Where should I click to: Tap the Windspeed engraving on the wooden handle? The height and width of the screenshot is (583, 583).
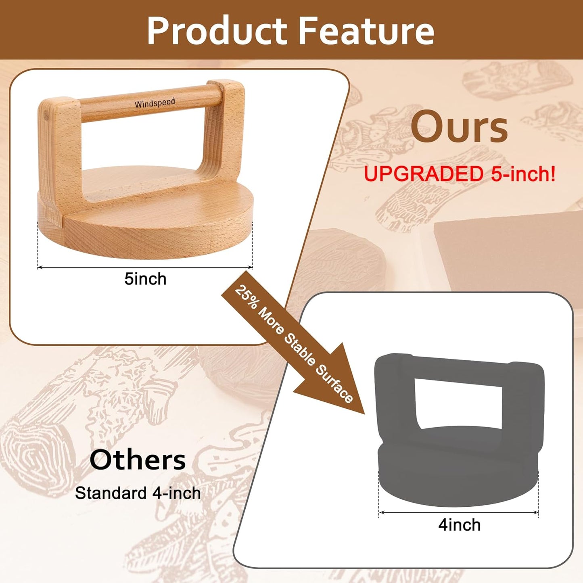(x=155, y=103)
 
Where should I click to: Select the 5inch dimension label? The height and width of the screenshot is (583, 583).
(x=145, y=279)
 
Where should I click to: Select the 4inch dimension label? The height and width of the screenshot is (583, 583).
(x=460, y=525)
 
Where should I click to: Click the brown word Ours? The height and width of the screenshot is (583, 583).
(x=459, y=127)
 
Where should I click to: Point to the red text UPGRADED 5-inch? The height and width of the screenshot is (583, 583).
(x=459, y=174)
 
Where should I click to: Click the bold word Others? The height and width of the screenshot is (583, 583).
(x=138, y=460)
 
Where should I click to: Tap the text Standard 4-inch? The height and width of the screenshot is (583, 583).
(x=138, y=493)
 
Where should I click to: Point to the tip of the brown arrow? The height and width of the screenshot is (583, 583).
(x=363, y=412)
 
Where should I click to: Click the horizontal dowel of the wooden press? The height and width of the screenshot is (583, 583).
(x=149, y=104)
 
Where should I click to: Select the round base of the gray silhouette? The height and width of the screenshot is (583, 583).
(x=458, y=476)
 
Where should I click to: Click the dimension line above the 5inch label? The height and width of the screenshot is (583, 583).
(x=145, y=267)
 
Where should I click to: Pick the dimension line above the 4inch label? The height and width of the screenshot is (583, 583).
(x=459, y=512)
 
